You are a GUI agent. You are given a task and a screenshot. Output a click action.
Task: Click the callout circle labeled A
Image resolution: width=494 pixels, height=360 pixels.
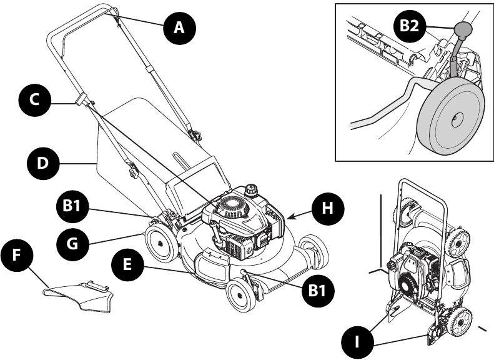[x=179, y=27]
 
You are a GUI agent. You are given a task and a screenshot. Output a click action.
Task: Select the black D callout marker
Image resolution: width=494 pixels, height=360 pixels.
[x=43, y=164]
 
